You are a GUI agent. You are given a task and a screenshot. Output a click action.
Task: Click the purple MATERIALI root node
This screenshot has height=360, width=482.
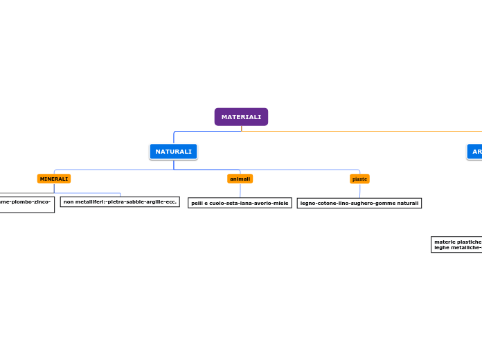[241, 117]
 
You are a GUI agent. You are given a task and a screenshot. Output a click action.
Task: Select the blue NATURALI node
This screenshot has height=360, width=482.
[173, 152]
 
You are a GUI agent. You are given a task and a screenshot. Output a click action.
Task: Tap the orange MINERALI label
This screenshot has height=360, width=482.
[54, 179]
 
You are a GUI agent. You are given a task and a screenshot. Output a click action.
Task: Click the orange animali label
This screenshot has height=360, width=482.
[240, 179]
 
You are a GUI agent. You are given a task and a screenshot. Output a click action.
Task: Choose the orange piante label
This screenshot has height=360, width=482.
[359, 179]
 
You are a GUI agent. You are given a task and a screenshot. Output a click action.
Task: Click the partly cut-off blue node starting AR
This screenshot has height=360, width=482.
[476, 152]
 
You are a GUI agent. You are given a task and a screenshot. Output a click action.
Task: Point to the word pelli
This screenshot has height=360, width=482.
[197, 203]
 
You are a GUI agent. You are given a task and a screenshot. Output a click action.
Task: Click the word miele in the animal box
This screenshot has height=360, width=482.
[281, 203]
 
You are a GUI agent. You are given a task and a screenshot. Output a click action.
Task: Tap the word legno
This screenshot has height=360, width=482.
[307, 203]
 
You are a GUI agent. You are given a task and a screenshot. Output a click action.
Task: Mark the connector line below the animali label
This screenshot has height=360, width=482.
[240, 190]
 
